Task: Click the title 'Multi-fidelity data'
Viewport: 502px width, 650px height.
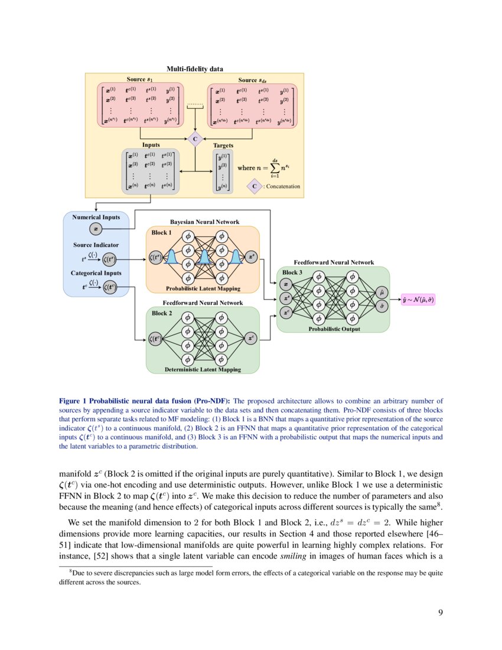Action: pyautogui.click(x=194, y=69)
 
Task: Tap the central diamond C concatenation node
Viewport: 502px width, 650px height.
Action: pyautogui.click(x=195, y=139)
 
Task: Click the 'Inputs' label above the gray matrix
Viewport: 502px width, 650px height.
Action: pyautogui.click(x=151, y=144)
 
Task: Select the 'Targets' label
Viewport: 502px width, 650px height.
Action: pyautogui.click(x=223, y=145)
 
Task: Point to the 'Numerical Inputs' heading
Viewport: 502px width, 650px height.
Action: pyautogui.click(x=96, y=217)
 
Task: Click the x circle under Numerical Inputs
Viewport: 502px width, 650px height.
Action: pyautogui.click(x=96, y=229)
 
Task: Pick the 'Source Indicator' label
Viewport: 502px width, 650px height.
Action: pyautogui.click(x=96, y=245)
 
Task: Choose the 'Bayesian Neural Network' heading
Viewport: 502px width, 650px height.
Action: pyautogui.click(x=205, y=222)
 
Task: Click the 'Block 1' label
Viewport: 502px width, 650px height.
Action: pyautogui.click(x=162, y=233)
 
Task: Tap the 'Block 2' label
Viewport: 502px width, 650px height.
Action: pyautogui.click(x=162, y=313)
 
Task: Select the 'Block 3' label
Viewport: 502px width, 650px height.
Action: pyautogui.click(x=290, y=272)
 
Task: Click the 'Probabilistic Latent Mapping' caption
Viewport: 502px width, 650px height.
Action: pyautogui.click(x=203, y=288)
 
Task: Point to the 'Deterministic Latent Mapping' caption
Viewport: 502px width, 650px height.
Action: pyautogui.click(x=203, y=369)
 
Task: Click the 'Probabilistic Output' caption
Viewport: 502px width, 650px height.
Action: pyautogui.click(x=334, y=329)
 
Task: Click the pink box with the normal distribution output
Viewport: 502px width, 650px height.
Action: pyautogui.click(x=418, y=300)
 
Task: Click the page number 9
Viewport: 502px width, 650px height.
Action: pyautogui.click(x=440, y=612)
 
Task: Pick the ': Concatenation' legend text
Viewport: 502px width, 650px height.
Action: pyautogui.click(x=282, y=186)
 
